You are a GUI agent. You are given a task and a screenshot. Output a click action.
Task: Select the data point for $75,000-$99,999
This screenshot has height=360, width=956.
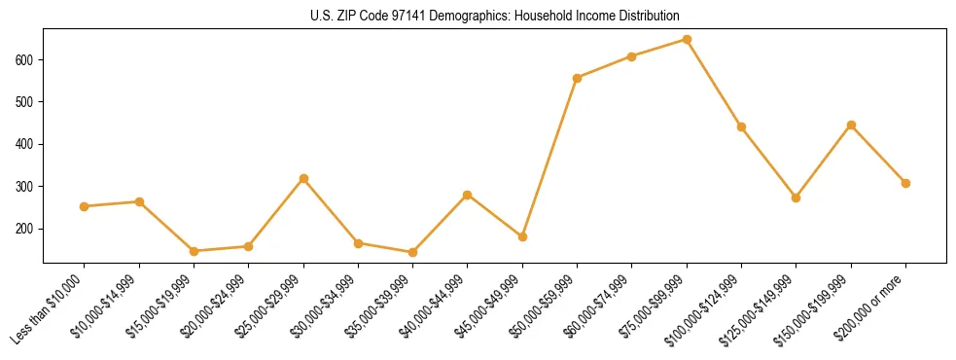click(x=687, y=40)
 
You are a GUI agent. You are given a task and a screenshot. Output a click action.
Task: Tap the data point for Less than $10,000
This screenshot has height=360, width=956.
click(x=85, y=206)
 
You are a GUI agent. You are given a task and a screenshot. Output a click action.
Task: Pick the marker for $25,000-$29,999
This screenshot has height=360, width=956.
click(x=303, y=179)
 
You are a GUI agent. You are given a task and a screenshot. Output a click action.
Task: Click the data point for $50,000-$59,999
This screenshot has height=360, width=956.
click(x=578, y=78)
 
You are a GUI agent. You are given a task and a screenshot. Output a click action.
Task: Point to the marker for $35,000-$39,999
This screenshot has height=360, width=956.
click(x=413, y=253)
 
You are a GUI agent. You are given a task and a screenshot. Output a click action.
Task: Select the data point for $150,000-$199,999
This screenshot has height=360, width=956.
click(x=851, y=125)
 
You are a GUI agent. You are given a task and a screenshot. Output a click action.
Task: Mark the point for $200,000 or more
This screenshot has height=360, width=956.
click(x=905, y=183)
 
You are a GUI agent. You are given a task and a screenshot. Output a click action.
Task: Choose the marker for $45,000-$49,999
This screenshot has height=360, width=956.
click(x=522, y=236)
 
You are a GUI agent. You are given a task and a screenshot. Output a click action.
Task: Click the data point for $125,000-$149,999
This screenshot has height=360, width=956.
click(x=797, y=198)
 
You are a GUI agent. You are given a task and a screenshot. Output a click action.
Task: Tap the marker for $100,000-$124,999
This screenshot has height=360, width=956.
click(x=741, y=126)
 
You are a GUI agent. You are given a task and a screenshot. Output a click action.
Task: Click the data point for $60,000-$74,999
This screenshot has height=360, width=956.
click(x=632, y=56)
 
